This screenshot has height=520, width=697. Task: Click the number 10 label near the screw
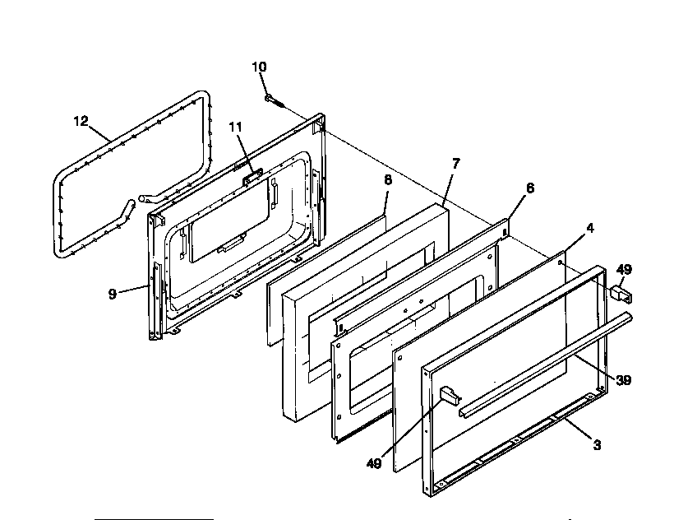pos(259,67)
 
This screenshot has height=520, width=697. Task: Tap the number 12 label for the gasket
pos(80,121)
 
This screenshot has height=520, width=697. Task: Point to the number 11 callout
pos(236,127)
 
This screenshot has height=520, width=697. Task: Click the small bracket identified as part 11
pos(252,174)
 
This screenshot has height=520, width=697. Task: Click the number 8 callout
pos(387,178)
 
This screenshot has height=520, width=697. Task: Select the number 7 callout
pos(455,163)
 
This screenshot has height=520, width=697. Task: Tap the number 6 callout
pos(530,188)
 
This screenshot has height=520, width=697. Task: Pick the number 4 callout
pos(590,228)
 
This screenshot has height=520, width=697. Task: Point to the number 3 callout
pos(597,445)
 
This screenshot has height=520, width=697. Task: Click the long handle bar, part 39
pos(542,362)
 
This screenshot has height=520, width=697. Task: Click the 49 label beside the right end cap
pos(625,268)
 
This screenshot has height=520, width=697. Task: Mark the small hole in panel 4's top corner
pos(560,263)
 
